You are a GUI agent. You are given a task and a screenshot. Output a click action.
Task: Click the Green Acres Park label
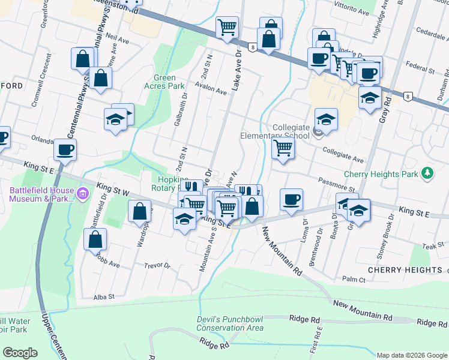164,82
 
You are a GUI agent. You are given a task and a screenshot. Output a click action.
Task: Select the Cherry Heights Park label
381,174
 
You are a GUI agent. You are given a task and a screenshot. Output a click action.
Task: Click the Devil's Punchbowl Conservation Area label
230,323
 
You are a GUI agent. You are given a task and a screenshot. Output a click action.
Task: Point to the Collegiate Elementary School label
291,131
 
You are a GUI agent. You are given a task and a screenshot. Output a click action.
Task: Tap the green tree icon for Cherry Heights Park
427,173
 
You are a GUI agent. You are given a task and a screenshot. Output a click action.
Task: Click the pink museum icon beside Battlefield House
83,193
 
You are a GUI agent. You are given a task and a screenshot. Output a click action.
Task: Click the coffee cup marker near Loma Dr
292,199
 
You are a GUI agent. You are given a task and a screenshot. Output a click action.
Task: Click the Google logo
20,353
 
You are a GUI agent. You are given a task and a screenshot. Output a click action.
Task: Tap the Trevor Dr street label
158,265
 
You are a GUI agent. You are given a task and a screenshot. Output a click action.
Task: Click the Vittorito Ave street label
351,11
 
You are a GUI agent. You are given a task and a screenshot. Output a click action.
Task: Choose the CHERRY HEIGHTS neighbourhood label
408,270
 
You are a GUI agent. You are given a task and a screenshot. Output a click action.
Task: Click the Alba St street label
104,296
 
